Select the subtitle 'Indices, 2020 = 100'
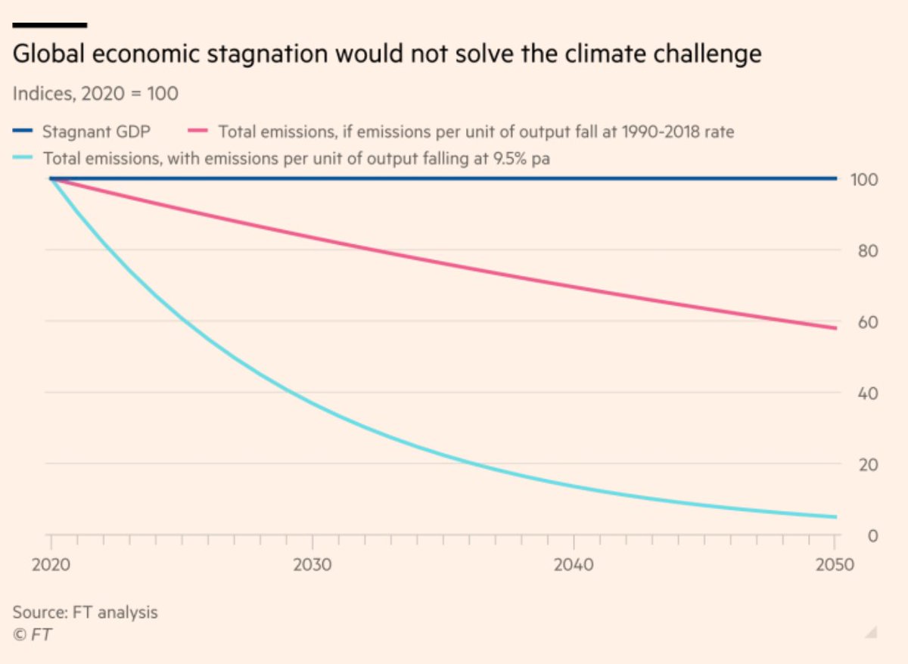coord(95,95)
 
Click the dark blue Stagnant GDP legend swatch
coord(23,132)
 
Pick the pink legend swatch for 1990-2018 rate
coord(199,132)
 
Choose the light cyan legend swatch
coord(24,159)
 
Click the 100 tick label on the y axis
coord(862,180)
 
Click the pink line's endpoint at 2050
coord(835,328)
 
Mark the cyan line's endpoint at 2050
coord(835,517)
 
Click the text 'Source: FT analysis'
coord(86,612)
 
